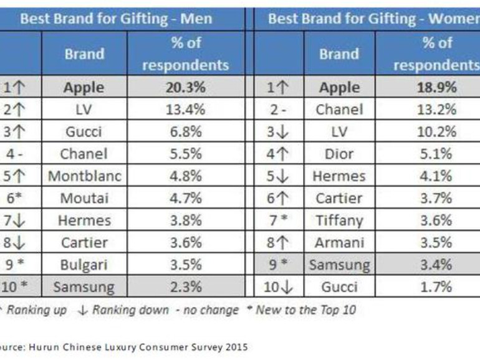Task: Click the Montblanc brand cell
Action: (x=84, y=176)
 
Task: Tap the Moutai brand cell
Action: (x=84, y=199)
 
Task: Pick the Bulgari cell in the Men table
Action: (x=84, y=265)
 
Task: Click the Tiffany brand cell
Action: (x=340, y=220)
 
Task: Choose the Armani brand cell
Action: (x=340, y=243)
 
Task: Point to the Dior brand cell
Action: (x=340, y=154)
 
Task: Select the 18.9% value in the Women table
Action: (x=436, y=88)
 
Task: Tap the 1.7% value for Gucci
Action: (x=436, y=287)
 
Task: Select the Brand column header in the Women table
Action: (x=340, y=54)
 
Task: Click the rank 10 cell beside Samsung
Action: (x=21, y=287)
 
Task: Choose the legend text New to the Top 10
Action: (x=305, y=310)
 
